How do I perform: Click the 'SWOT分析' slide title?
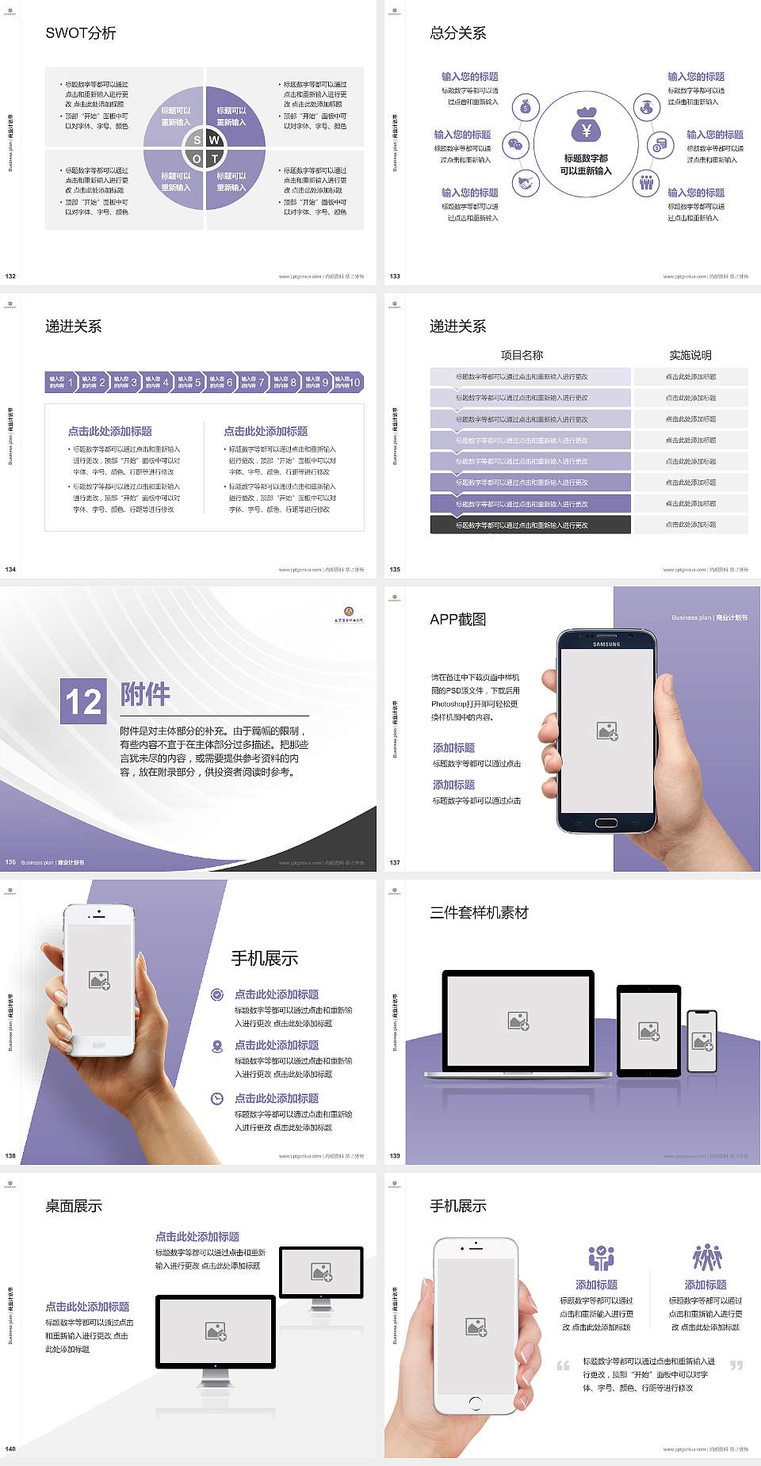(81, 33)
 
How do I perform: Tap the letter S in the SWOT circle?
(197, 140)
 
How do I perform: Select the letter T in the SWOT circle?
(215, 158)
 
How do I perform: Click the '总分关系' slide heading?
(458, 33)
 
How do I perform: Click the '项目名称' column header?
(522, 355)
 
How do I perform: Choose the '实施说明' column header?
(690, 355)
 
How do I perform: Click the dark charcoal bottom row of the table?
(530, 525)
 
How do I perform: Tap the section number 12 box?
(83, 701)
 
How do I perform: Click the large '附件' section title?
(146, 694)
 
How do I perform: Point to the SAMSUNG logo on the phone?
(606, 644)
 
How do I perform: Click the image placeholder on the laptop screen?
(518, 1021)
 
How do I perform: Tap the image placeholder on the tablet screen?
(649, 1030)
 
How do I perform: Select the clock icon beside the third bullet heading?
(217, 1098)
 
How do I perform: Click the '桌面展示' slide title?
(74, 1206)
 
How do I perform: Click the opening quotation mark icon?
(563, 1365)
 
